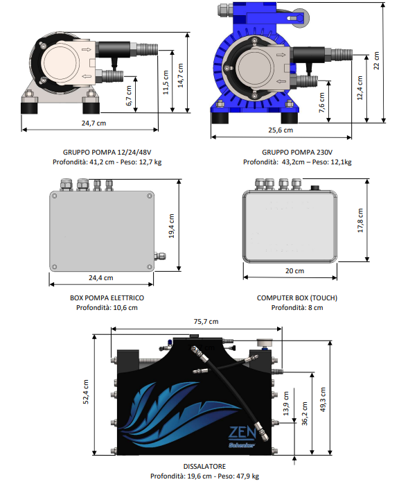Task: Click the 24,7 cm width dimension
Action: [94, 123]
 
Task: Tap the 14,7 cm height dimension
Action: [181, 76]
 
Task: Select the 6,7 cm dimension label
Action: [129, 96]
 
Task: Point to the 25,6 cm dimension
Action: [281, 130]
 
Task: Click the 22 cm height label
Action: [376, 60]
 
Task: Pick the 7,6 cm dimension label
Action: [321, 103]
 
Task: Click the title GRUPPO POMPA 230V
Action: [297, 153]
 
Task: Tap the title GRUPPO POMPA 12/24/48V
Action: [107, 153]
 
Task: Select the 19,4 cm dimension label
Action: [171, 226]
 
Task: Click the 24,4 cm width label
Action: [101, 278]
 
